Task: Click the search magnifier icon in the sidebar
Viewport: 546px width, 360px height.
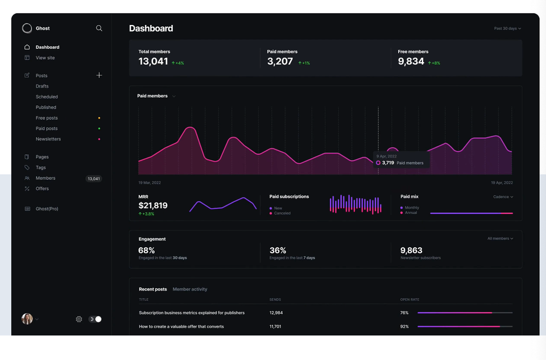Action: (x=99, y=28)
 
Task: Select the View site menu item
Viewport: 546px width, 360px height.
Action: (x=45, y=58)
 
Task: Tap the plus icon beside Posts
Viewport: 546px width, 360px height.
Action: (x=99, y=75)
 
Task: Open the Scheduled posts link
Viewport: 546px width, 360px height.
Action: (x=47, y=97)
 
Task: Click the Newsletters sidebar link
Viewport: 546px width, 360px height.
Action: (x=48, y=139)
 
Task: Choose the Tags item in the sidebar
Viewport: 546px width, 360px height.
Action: (x=40, y=168)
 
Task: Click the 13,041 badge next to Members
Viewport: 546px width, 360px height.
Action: (x=93, y=179)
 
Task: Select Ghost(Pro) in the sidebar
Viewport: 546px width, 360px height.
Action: (x=47, y=209)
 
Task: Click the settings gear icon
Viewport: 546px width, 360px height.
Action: (x=79, y=319)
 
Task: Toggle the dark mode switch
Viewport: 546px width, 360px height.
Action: (x=95, y=319)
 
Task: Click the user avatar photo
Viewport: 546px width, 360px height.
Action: (x=27, y=319)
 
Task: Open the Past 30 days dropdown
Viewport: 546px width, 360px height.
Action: (x=507, y=28)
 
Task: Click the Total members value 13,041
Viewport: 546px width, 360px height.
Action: (x=153, y=61)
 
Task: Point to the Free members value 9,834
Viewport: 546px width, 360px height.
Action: (x=411, y=61)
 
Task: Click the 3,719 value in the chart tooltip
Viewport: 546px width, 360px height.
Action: (x=388, y=163)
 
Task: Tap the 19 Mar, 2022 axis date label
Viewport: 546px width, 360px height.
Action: (x=150, y=183)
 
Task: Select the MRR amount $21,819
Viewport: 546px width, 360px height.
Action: (x=153, y=205)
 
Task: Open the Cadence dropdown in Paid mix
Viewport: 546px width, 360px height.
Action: (x=503, y=197)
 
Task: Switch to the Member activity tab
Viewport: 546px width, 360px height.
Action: (x=190, y=289)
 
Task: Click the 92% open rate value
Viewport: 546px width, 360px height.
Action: (x=404, y=326)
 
